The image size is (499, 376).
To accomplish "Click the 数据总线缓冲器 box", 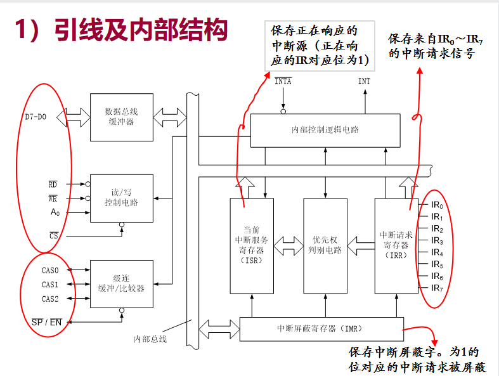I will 121,117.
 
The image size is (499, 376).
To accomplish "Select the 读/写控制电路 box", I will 121,198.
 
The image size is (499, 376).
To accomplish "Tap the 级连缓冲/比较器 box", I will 121,283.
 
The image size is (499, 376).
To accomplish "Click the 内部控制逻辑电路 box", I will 325,130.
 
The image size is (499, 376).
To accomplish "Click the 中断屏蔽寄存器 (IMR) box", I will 321,329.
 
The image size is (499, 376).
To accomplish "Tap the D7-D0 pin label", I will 36,117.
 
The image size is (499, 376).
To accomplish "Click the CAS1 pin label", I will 50,285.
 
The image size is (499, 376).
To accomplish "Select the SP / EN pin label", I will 47,322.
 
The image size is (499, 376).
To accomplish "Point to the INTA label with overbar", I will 283,81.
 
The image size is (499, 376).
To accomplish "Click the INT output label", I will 364,81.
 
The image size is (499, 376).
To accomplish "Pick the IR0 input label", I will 437,205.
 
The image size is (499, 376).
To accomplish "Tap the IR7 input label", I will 437,288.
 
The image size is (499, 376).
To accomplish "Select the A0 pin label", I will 55,212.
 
